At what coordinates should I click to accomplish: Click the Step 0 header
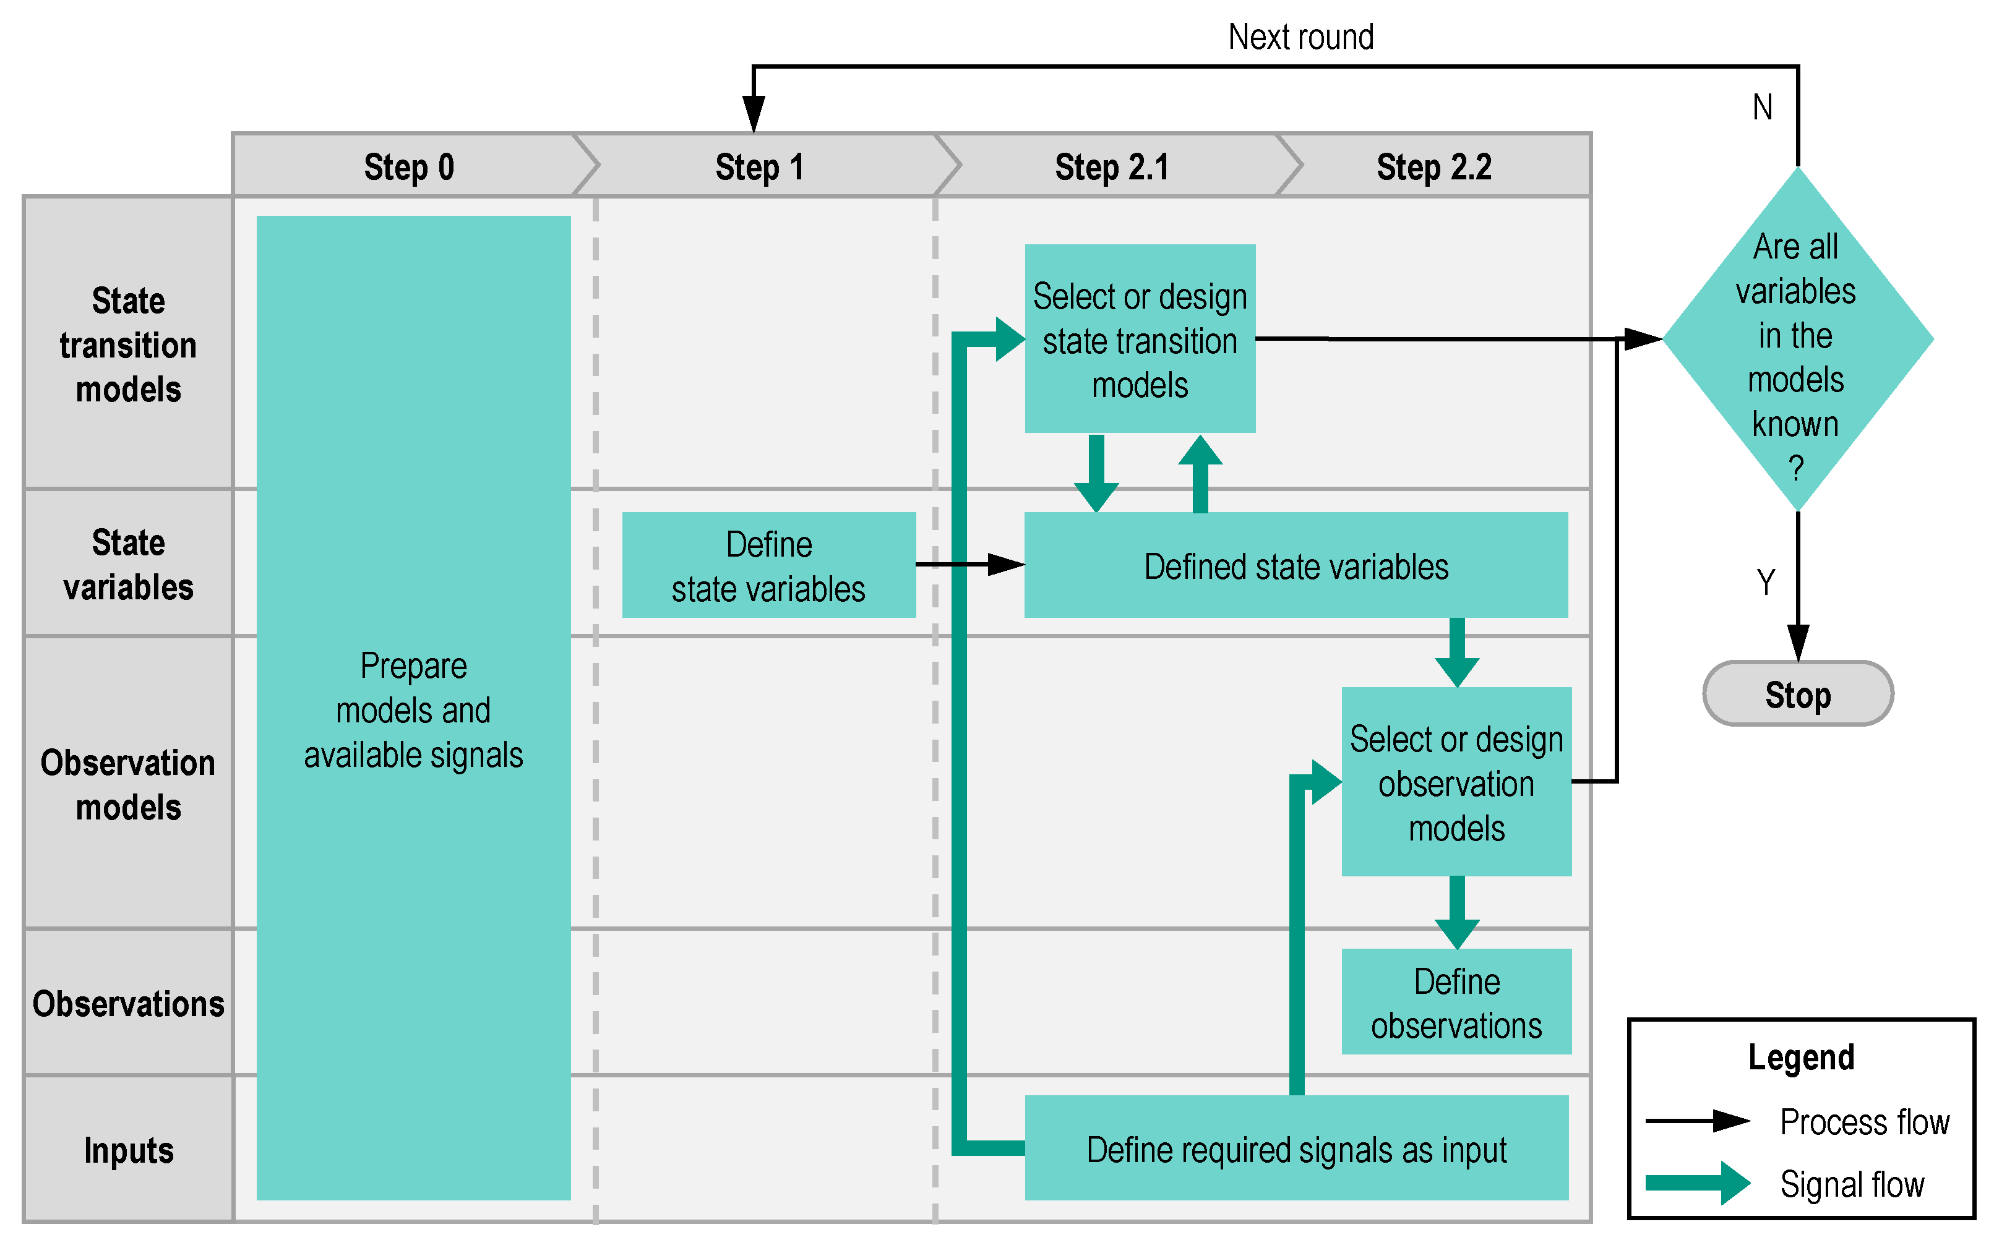click(408, 168)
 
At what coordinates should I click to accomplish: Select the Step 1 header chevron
click(760, 168)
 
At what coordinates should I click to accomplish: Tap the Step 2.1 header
click(1111, 168)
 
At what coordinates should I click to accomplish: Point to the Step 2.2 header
click(1433, 168)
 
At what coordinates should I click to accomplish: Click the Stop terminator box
click(1797, 695)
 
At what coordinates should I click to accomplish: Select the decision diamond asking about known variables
click(1796, 339)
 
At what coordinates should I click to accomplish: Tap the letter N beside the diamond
click(1762, 108)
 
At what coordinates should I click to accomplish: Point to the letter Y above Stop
click(1765, 583)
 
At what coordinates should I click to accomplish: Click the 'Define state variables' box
click(768, 566)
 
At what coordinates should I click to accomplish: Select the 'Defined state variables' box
click(1296, 566)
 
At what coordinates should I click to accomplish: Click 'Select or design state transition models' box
click(1140, 340)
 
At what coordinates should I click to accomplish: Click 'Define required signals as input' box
click(1296, 1149)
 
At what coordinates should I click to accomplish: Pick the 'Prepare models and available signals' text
click(413, 709)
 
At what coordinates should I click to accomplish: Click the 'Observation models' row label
click(128, 784)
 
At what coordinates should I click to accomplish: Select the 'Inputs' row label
click(128, 1150)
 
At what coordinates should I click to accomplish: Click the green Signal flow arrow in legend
click(1698, 1182)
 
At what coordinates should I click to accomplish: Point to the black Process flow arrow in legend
click(1698, 1120)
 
